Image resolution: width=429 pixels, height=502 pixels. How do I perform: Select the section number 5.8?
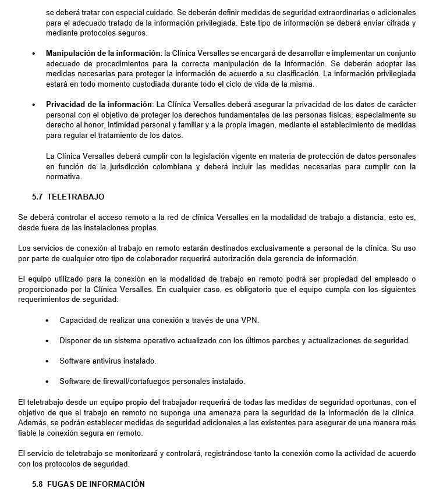[x=38, y=484]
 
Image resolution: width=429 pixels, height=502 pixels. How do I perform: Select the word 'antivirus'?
[x=108, y=361]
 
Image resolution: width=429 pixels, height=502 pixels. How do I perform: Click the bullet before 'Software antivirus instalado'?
[x=47, y=361]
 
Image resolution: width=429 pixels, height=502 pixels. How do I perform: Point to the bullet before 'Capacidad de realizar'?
[x=47, y=321]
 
